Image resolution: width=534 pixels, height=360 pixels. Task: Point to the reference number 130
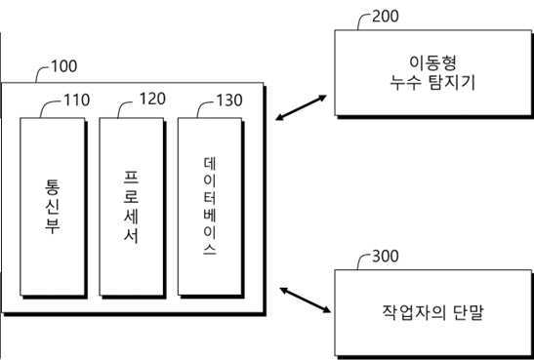(231, 100)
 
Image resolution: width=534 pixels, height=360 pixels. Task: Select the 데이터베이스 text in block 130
(208, 206)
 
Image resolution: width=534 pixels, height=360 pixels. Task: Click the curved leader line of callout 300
(362, 261)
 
